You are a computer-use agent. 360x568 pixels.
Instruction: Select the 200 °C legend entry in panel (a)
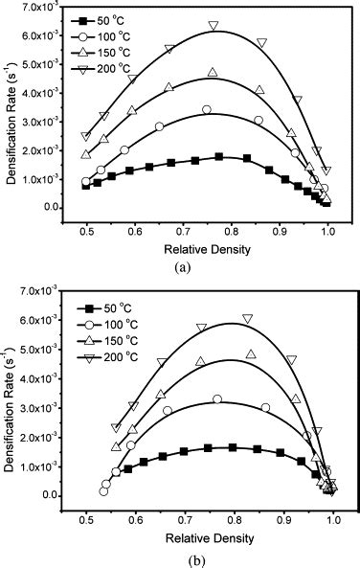point(108,66)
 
